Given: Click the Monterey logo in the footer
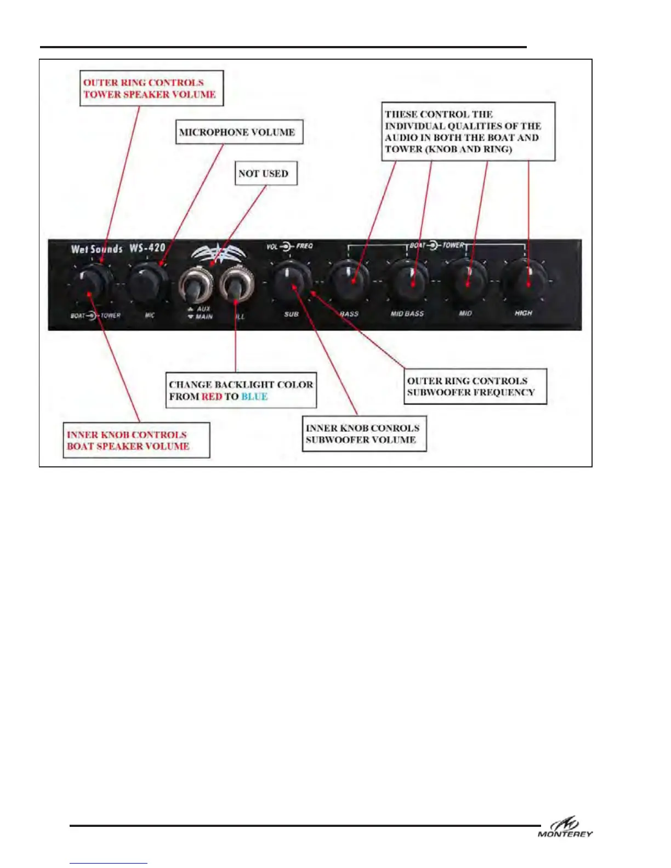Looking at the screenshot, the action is tap(565, 827).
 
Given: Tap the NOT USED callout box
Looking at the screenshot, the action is tap(266, 173).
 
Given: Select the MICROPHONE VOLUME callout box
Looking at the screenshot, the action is tap(239, 132).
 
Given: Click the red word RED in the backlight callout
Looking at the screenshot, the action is tap(212, 397).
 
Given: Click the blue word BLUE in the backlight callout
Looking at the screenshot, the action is tap(254, 397).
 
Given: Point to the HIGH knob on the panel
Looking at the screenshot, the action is tap(526, 280).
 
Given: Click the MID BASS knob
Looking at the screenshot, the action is tap(408, 280).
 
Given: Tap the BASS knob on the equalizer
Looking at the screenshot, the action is tap(349, 279).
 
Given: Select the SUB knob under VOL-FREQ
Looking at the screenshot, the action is tap(291, 279).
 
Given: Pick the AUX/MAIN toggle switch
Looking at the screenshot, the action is tap(195, 284).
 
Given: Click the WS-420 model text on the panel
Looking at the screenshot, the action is tap(147, 248).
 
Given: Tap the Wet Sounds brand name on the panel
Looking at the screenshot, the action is tap(96, 249).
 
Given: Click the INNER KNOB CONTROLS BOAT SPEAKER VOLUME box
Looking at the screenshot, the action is tap(136, 440).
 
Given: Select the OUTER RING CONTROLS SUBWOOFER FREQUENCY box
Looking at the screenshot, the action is tap(475, 386).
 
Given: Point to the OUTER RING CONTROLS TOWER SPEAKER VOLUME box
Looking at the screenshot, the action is tap(151, 88).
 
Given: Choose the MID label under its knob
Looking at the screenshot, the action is tap(465, 313).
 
